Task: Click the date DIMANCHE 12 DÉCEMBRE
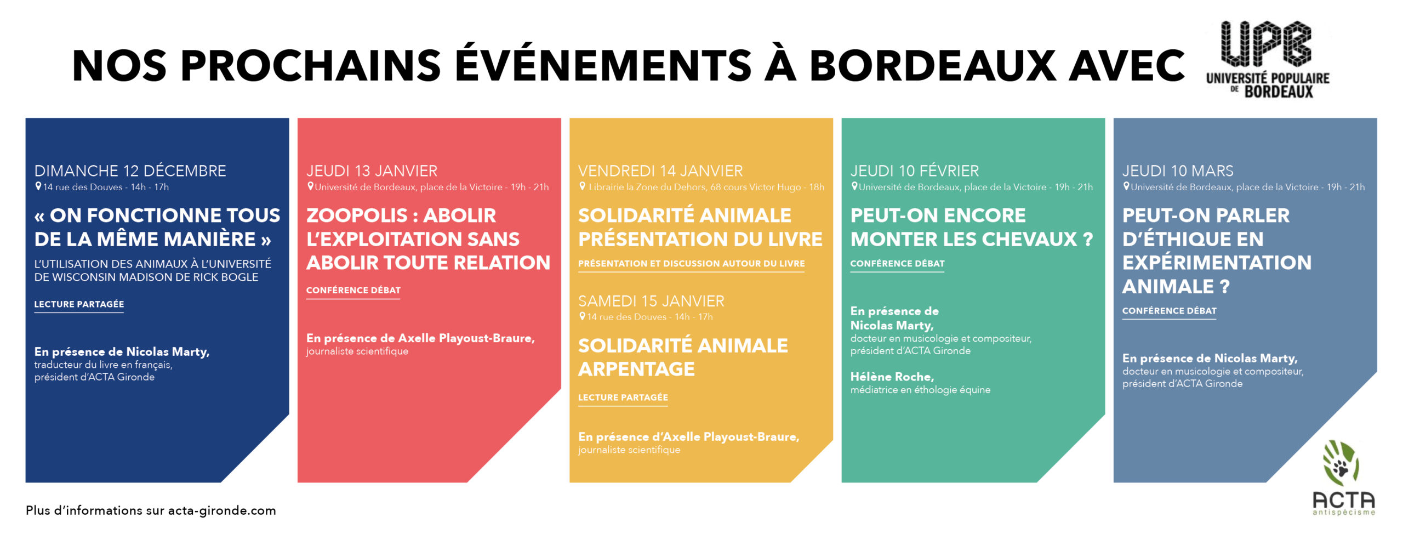130,171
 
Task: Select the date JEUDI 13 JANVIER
372,171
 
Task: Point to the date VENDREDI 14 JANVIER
660,171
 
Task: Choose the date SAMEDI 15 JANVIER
651,301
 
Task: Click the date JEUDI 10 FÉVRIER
915,171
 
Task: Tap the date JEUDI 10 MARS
1178,171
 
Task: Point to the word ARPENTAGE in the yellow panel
636,369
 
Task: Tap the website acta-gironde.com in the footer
222,510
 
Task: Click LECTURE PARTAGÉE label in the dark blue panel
79,304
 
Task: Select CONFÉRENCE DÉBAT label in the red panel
353,291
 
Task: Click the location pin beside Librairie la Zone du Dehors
583,186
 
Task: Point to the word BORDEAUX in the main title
932,66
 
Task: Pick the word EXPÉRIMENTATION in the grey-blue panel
1217,263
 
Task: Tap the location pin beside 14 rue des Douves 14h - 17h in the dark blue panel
38,186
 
